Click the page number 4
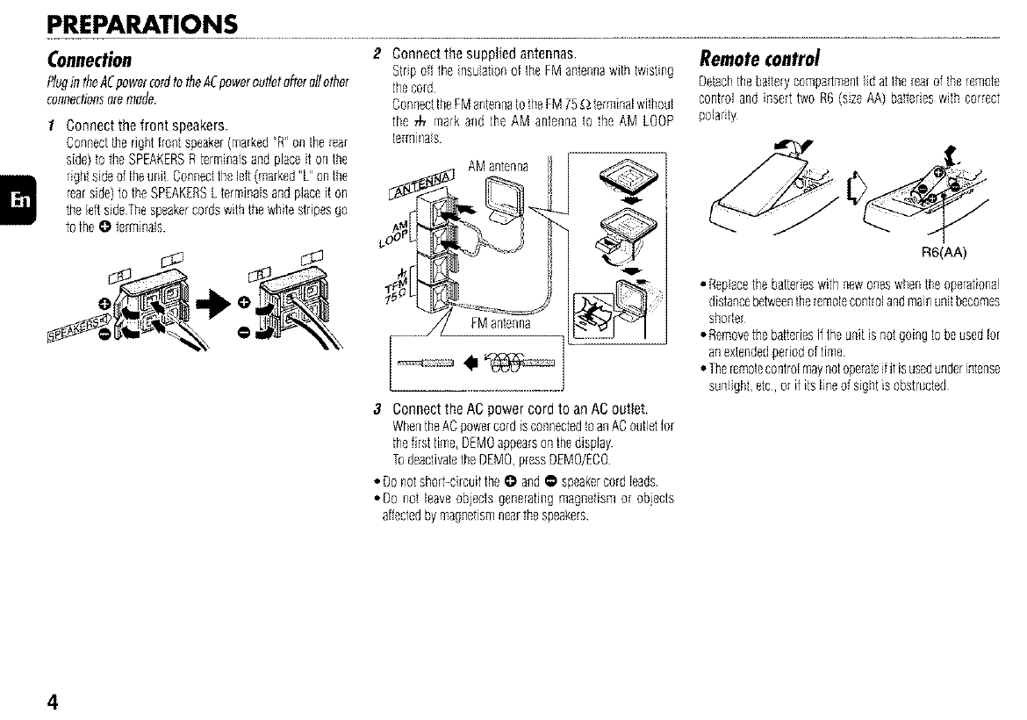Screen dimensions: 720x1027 click(54, 702)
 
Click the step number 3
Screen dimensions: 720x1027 click(377, 408)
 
